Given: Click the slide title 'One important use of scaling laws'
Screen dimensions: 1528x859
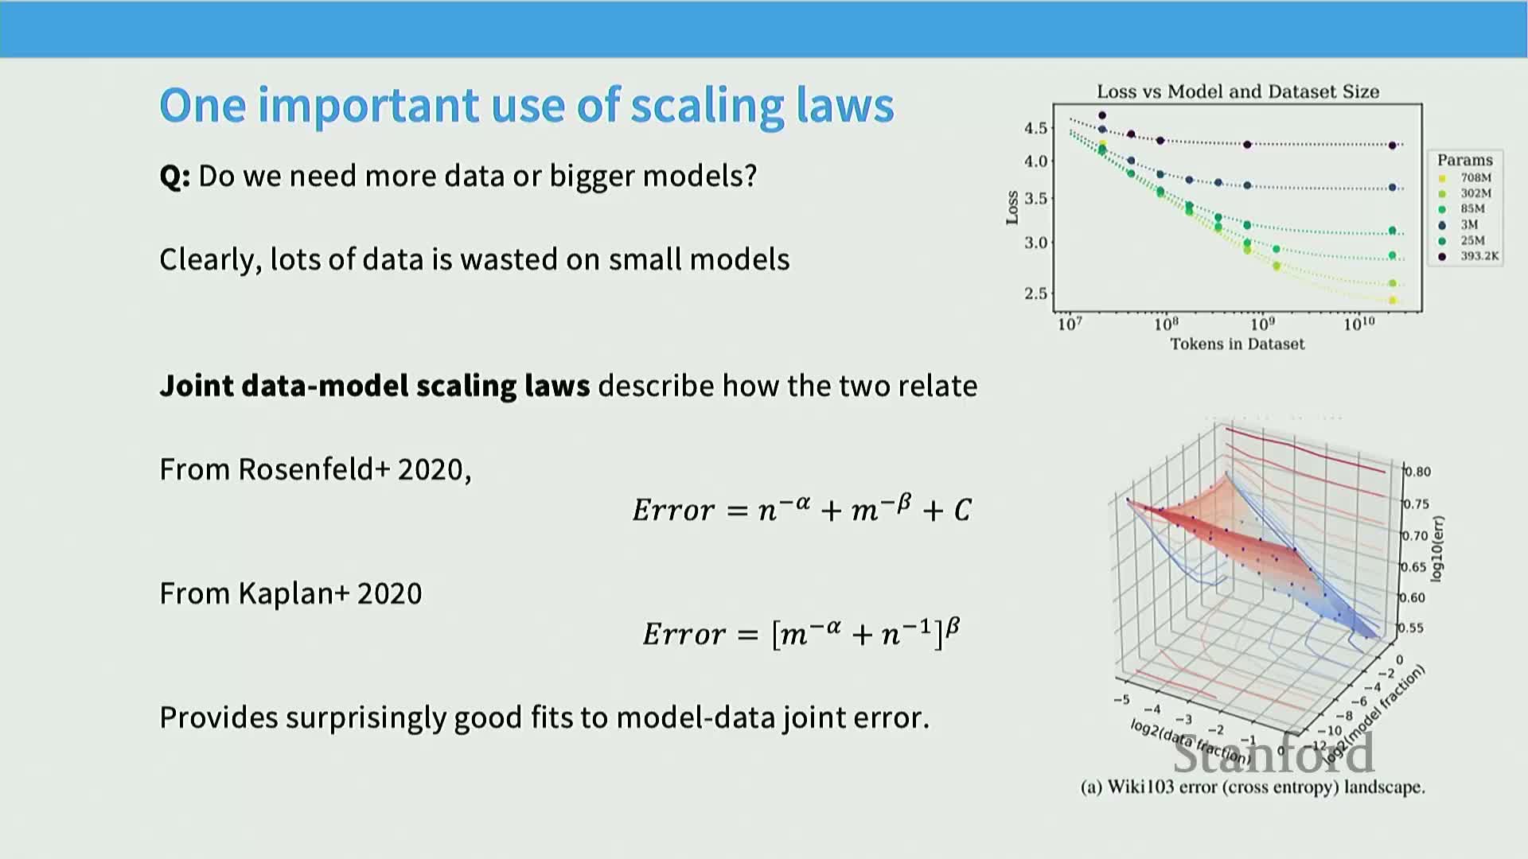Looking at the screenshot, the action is pyautogui.click(x=527, y=106).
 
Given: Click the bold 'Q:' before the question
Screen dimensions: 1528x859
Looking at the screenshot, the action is pyautogui.click(x=175, y=177).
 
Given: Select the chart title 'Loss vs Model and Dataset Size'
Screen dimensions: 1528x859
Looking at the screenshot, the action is pyautogui.click(x=1238, y=91).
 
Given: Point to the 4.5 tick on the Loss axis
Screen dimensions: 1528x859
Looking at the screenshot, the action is pyautogui.click(x=1035, y=128).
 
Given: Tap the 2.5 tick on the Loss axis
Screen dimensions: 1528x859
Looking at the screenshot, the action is pyautogui.click(x=1035, y=293).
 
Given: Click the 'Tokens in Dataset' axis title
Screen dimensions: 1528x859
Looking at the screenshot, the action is pyautogui.click(x=1237, y=344).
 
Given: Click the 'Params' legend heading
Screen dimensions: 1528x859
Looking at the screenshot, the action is pyautogui.click(x=1464, y=160).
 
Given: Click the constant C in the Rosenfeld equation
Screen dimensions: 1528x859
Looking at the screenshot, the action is pyautogui.click(x=962, y=510).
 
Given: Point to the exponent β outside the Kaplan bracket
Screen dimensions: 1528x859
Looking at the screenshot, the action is pyautogui.click(x=953, y=627).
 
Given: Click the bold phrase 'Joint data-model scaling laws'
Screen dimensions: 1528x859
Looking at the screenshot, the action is pyautogui.click(x=375, y=386).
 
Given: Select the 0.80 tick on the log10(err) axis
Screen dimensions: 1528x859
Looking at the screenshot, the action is pyautogui.click(x=1417, y=472).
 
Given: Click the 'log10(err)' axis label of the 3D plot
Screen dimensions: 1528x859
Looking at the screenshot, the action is pyautogui.click(x=1437, y=549).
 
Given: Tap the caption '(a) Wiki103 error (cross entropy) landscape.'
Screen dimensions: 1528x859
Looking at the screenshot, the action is pyautogui.click(x=1253, y=787).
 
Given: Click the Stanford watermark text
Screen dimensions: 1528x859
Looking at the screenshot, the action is pyautogui.click(x=1273, y=753).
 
